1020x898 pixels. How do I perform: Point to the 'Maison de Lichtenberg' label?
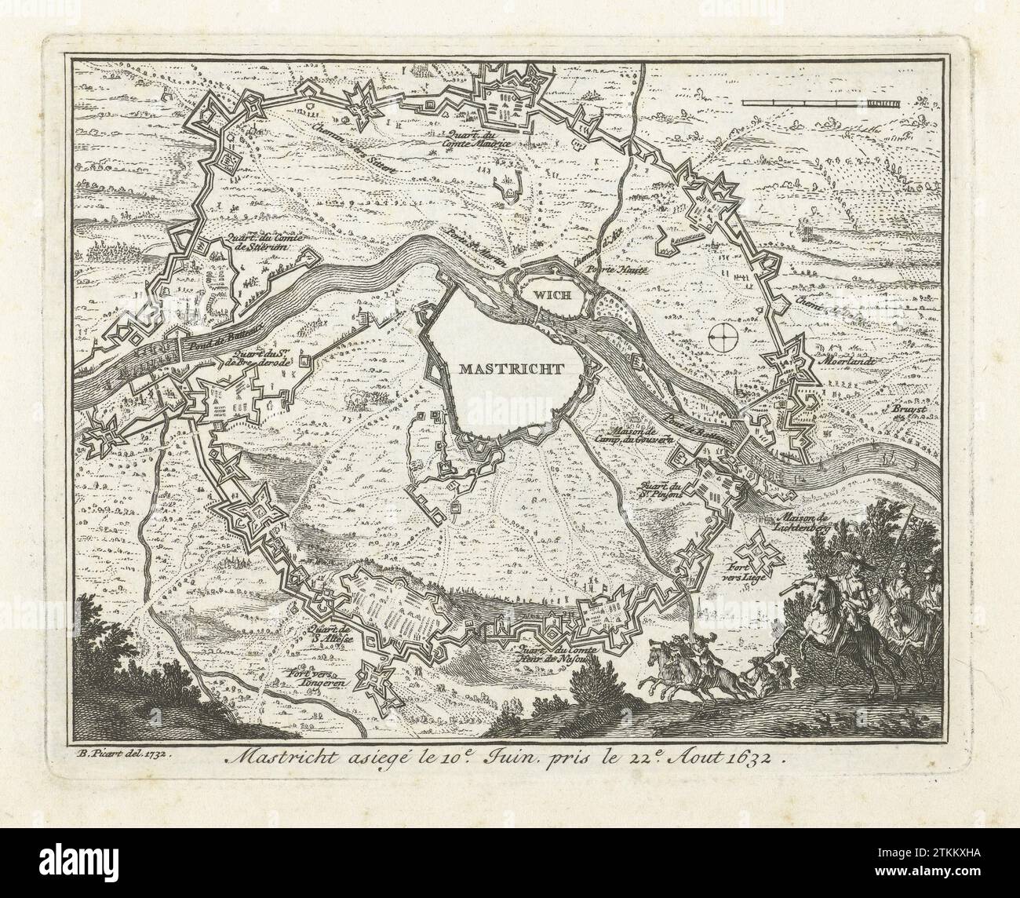pyautogui.click(x=806, y=523)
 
